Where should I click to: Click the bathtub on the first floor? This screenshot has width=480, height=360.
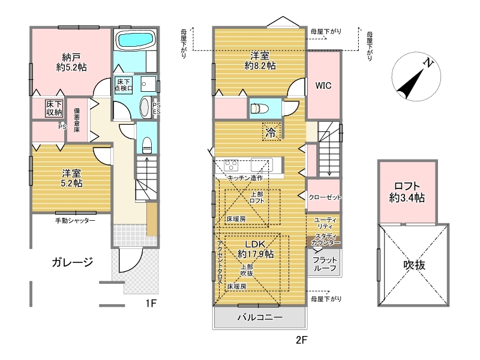coord(136,40)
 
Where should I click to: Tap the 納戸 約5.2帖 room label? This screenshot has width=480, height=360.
coord(71,62)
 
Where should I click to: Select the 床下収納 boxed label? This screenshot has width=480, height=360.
coord(54,108)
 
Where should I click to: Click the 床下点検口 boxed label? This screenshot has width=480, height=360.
coord(124,85)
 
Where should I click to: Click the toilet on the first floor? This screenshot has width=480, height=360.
coord(146,145)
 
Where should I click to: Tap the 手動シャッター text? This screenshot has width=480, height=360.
coord(76,220)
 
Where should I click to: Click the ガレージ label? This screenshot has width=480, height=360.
coord(73,262)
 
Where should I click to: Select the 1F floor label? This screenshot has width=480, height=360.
coord(151,303)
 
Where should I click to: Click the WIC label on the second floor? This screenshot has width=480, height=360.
coord(323,85)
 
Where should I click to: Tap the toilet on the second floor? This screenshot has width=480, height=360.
coord(260,109)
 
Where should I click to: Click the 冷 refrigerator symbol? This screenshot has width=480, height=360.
coord(271,131)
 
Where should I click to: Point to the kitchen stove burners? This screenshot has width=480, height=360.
coord(231,166)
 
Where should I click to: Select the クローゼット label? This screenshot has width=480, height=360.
coord(325,197)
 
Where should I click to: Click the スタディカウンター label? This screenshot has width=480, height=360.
coord(326,239)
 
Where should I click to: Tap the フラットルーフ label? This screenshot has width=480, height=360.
coord(325,264)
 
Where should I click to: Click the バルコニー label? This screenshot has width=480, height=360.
coord(260,317)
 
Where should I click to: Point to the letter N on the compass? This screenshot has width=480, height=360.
coord(428,63)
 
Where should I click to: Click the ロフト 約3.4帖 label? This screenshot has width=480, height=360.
coord(407,192)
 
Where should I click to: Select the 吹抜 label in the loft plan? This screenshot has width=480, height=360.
coord(414,265)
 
